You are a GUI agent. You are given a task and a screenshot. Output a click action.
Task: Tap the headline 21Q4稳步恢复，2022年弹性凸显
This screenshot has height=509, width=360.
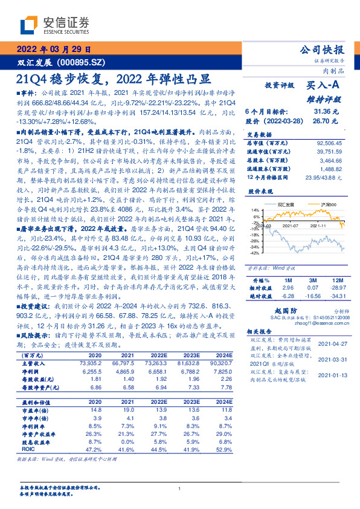114,79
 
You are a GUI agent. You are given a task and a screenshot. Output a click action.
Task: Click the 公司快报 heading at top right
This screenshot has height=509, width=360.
324,49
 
